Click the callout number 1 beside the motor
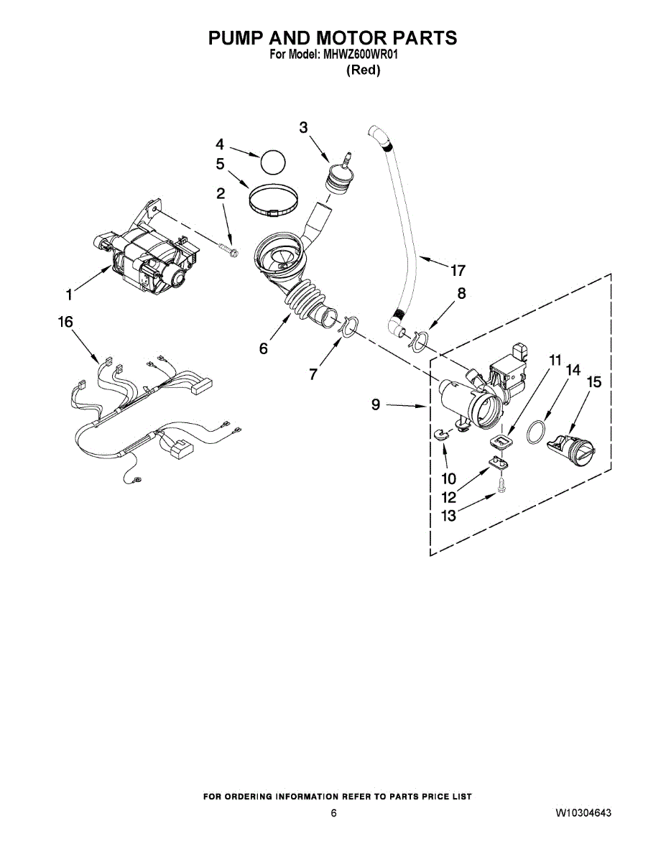[69, 294]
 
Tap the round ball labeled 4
[272, 162]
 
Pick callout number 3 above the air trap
[303, 127]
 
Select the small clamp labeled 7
[348, 325]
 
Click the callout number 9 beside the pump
[376, 405]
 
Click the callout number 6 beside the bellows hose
[264, 348]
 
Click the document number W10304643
[583, 813]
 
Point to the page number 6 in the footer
[333, 813]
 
